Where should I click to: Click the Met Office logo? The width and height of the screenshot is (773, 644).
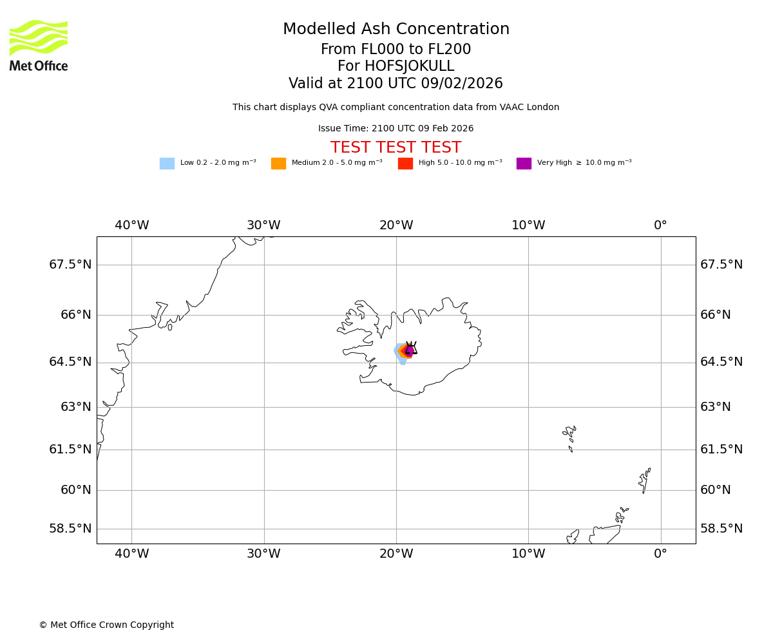click(39, 45)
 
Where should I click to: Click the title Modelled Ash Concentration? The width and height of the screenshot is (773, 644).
click(396, 30)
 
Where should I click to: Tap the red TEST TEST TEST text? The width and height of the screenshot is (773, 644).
click(396, 147)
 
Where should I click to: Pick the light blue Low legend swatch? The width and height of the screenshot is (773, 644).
click(167, 164)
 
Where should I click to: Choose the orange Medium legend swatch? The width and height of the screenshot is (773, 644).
click(278, 164)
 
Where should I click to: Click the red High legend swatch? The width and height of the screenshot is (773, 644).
click(405, 164)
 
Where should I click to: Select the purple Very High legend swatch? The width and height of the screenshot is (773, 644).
click(524, 164)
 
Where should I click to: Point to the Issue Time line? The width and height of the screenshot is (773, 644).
click(396, 129)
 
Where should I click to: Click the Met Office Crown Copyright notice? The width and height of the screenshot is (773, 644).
click(106, 625)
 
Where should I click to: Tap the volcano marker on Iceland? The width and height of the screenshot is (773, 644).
click(410, 349)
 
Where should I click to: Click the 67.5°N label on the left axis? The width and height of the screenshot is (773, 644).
click(70, 265)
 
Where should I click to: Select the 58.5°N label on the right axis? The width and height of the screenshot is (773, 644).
click(721, 529)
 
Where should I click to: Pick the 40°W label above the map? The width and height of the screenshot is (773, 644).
click(132, 225)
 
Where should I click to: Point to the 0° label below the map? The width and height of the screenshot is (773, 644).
click(660, 554)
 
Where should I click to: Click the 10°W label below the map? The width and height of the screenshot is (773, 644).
click(528, 554)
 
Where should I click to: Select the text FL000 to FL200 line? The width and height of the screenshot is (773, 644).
click(396, 50)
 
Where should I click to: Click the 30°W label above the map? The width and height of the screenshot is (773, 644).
click(263, 225)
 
